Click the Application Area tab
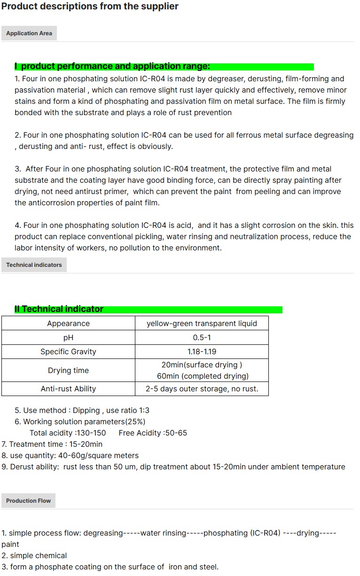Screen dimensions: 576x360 (x=29, y=33)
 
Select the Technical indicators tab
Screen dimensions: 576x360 (x=34, y=265)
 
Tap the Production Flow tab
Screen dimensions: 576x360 (x=28, y=501)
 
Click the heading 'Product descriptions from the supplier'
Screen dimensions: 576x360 (x=90, y=7)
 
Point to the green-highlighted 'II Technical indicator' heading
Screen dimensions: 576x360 (x=59, y=309)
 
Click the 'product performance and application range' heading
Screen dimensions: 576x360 (x=113, y=66)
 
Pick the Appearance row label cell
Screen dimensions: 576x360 (x=68, y=323)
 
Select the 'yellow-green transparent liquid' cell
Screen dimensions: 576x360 (x=202, y=323)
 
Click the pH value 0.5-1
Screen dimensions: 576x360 (x=202, y=337)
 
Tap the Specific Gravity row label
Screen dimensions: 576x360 (x=68, y=351)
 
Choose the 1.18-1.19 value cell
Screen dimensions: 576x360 (x=202, y=351)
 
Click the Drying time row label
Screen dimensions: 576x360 (x=68, y=370)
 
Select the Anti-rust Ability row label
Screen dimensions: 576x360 (x=68, y=389)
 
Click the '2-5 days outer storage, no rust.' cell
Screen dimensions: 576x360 (x=202, y=389)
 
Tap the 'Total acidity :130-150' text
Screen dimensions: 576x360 (x=68, y=433)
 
